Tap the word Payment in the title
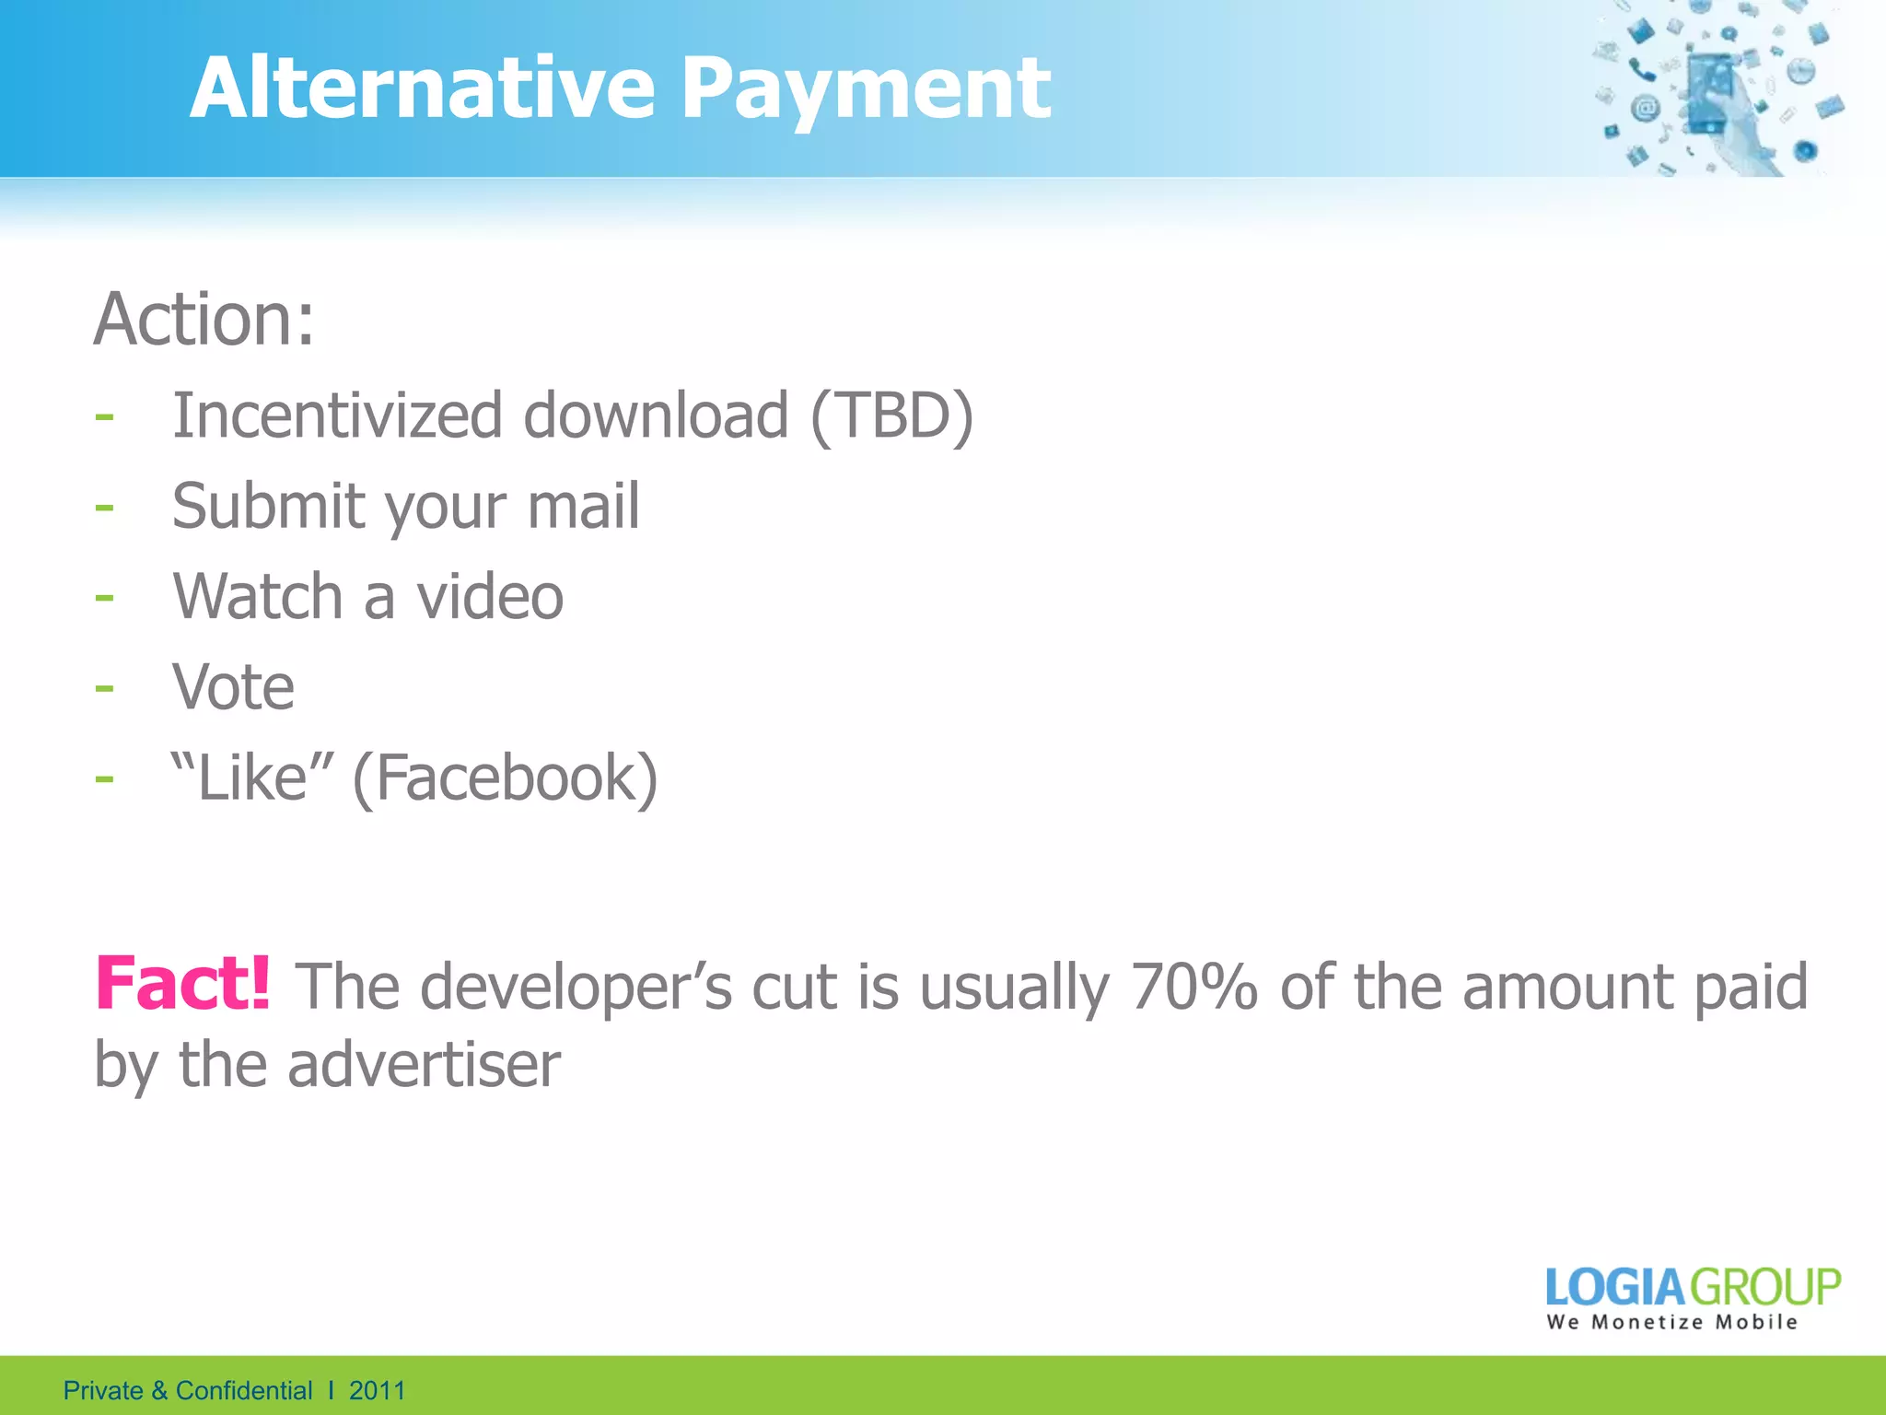click(866, 90)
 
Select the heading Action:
click(204, 319)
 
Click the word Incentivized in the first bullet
click(337, 415)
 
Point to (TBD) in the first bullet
click(891, 416)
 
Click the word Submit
click(268, 506)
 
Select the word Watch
click(258, 596)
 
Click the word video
click(490, 596)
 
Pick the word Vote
click(234, 687)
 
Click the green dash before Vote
click(104, 688)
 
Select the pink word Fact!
click(183, 984)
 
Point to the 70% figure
click(1193, 987)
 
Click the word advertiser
click(424, 1065)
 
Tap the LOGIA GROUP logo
click(1693, 1287)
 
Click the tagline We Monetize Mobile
click(1671, 1323)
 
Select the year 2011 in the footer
click(377, 1390)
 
